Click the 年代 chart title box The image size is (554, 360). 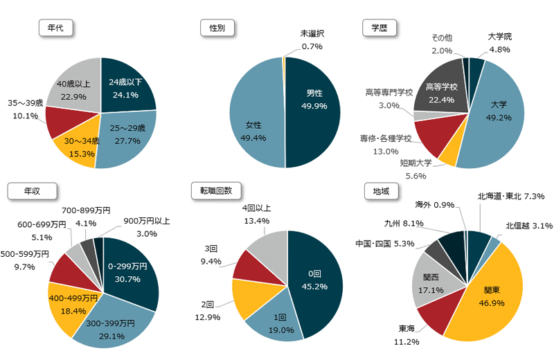pos(56,28)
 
